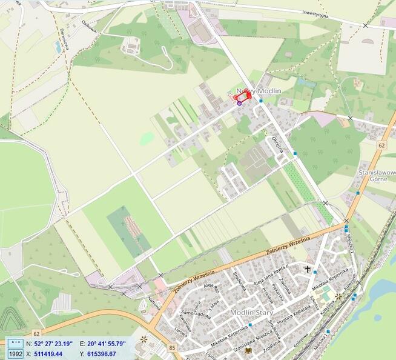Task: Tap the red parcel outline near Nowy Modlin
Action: [242, 98]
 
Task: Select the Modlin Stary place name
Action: [251, 312]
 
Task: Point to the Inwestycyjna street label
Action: [315, 13]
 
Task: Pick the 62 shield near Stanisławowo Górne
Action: [381, 145]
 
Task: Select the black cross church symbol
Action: [308, 268]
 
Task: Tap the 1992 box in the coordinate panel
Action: [15, 353]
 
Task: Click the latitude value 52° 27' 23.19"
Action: [54, 344]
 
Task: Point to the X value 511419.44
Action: [48, 353]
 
